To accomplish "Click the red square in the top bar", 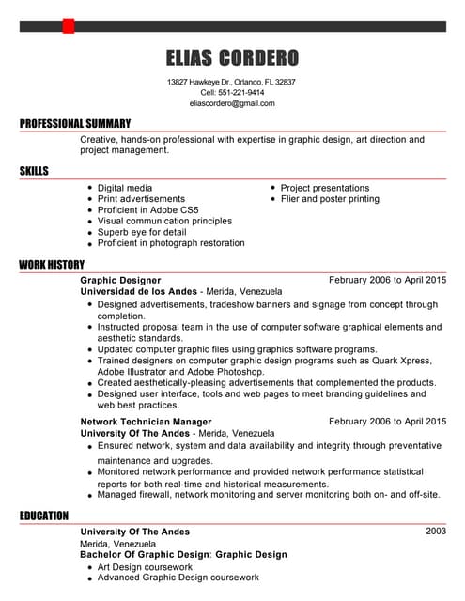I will tap(68, 25).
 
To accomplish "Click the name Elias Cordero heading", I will tap(231, 58).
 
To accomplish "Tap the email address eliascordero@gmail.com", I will tap(231, 103).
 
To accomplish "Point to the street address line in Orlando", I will tap(231, 82).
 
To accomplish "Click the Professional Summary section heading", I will tap(75, 124).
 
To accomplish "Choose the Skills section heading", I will tap(34, 171).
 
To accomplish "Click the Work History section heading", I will tap(52, 265).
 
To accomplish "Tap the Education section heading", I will tap(44, 516).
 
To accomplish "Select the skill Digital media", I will tap(125, 188).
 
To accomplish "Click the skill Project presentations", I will tap(325, 188).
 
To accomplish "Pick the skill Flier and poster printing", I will tap(330, 199).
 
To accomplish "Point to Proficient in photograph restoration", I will tap(171, 243).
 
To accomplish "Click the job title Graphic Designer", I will tap(120, 280).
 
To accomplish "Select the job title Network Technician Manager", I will tap(146, 422).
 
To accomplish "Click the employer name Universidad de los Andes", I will tap(139, 291).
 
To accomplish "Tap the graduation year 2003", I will tap(436, 532).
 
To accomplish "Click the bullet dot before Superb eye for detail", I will tap(88, 233).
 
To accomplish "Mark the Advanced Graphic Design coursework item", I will tap(178, 578).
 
